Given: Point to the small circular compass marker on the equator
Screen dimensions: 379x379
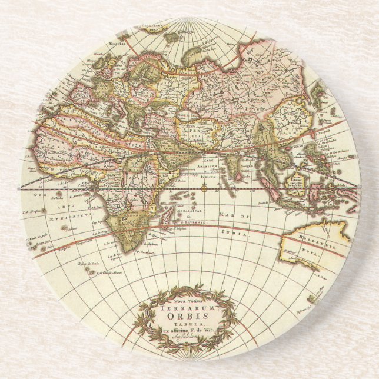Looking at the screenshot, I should pyautogui.click(x=203, y=189).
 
